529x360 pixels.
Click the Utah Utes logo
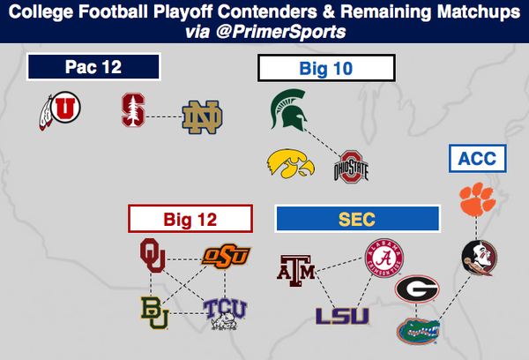point(60,110)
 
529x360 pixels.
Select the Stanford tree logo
point(134,110)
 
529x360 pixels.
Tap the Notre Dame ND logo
point(202,116)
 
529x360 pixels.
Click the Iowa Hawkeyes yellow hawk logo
point(290,163)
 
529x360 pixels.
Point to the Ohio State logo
point(351,167)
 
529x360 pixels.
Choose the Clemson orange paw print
point(477,199)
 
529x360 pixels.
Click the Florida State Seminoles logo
point(480,258)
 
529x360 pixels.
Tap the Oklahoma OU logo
point(153,255)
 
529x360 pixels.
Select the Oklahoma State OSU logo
point(226,256)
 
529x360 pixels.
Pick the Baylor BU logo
point(154,312)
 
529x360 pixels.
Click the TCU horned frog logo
point(225,314)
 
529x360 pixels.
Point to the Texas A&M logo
point(296,271)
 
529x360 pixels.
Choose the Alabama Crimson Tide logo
point(384,258)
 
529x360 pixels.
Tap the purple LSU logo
point(342,316)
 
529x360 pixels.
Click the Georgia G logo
point(417,289)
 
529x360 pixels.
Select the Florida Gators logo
point(418,331)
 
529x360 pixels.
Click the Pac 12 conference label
point(93,67)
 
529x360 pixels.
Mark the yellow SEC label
point(357,219)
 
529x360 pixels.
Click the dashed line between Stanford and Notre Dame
point(164,116)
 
